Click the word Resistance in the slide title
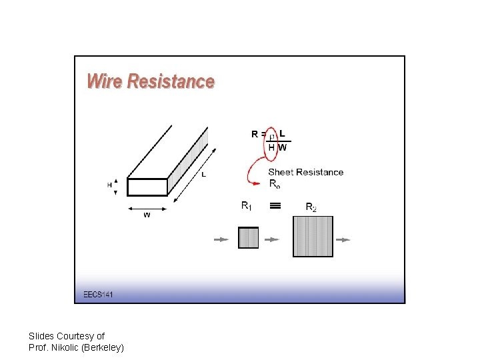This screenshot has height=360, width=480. (171, 81)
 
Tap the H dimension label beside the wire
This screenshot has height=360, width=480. (109, 185)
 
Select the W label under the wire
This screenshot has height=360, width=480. (147, 215)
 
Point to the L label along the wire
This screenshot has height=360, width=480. (203, 175)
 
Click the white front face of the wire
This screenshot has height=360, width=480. (147, 187)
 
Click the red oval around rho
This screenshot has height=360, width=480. (271, 141)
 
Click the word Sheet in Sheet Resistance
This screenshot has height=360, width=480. (281, 172)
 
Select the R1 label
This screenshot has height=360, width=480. (246, 206)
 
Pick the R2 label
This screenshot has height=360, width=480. (311, 207)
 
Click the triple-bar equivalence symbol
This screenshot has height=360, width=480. (275, 206)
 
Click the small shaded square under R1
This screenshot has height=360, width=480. (248, 237)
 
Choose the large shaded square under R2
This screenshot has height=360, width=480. (313, 237)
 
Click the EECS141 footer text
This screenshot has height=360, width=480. (98, 294)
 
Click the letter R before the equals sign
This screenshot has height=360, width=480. (255, 134)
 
